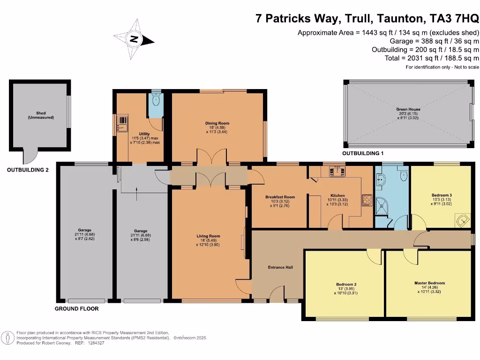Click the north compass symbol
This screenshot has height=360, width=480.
pyautogui.click(x=134, y=40)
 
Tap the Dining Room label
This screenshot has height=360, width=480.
pyautogui.click(x=217, y=123)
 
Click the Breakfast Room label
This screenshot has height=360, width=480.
pyautogui.click(x=280, y=197)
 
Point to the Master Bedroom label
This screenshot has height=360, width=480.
pyautogui.click(x=429, y=283)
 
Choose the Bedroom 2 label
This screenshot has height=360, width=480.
pyautogui.click(x=346, y=285)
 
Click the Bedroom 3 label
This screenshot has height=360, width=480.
pyautogui.click(x=442, y=195)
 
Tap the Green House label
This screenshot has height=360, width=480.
pyautogui.click(x=408, y=109)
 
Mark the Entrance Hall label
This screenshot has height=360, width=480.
pyautogui.click(x=280, y=267)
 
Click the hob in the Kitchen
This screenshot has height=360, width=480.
pyautogui.click(x=367, y=200)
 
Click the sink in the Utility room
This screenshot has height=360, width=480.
pyautogui.click(x=122, y=123)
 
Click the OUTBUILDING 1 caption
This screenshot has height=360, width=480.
pyautogui.click(x=363, y=154)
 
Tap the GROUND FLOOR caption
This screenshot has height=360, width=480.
pyautogui.click(x=76, y=309)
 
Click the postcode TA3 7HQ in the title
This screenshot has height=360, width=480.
pyautogui.click(x=454, y=18)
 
